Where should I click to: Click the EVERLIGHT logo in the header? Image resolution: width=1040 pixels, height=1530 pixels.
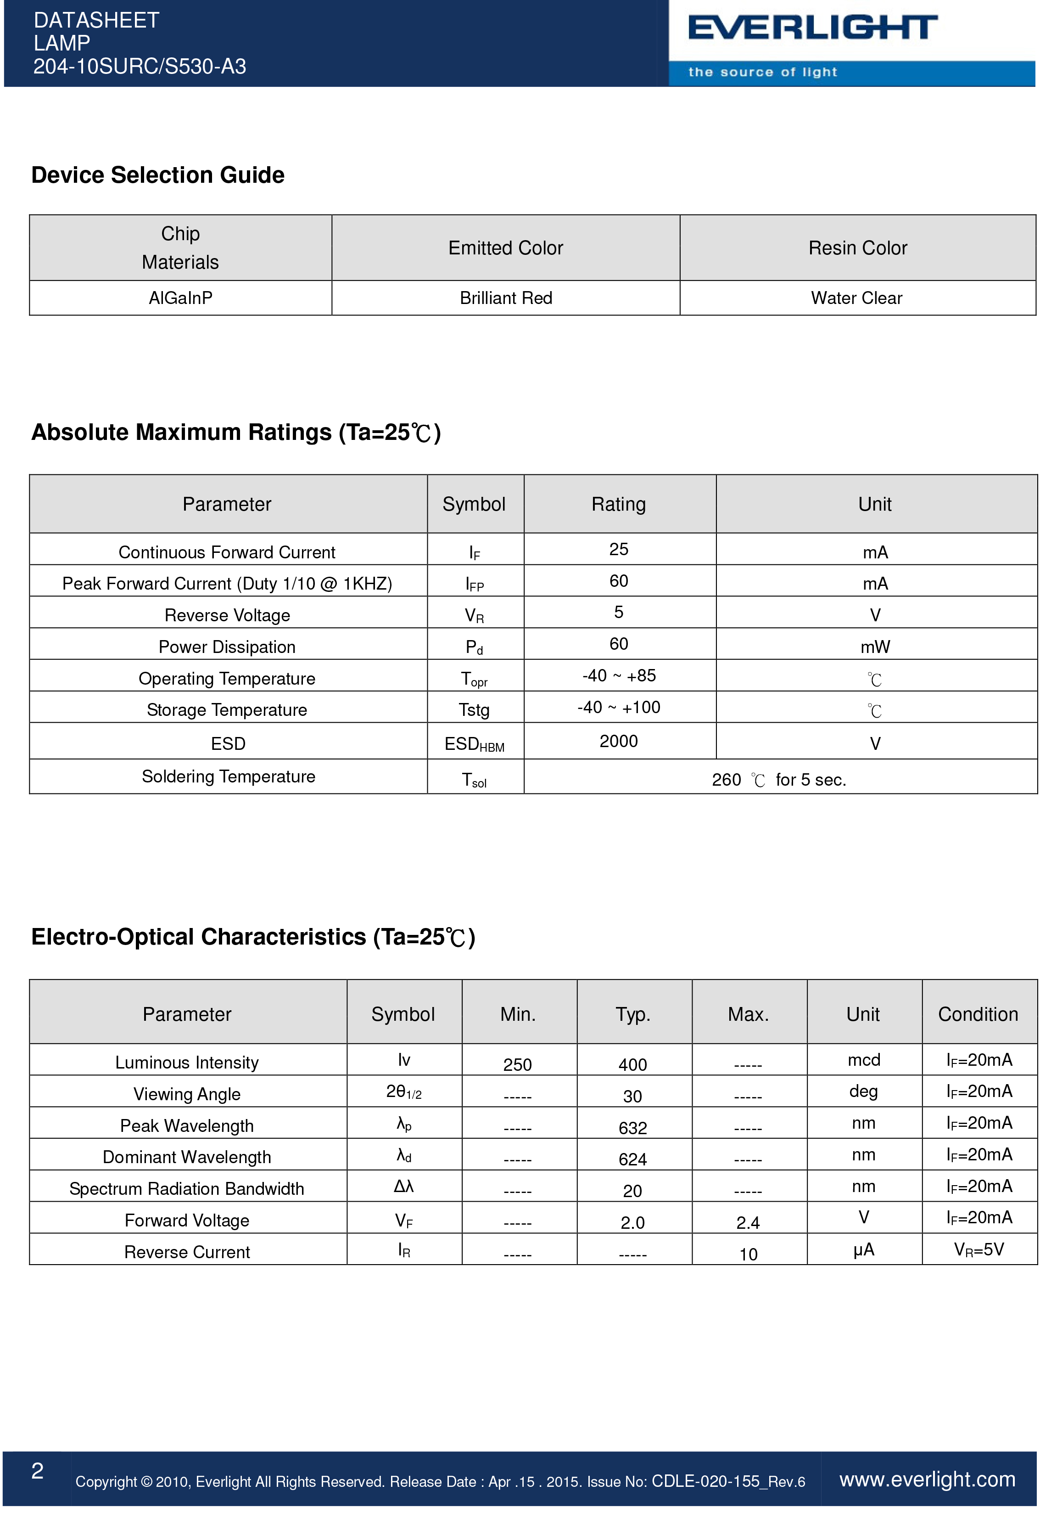pyautogui.click(x=812, y=28)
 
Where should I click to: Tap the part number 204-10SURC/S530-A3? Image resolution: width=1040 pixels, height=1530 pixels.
pyautogui.click(x=140, y=67)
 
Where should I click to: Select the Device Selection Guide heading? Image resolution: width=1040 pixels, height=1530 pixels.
pyautogui.click(x=158, y=175)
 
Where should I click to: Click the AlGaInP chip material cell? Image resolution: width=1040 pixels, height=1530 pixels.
pyautogui.click(x=180, y=298)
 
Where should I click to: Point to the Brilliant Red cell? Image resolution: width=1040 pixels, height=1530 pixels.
pyautogui.click(x=505, y=298)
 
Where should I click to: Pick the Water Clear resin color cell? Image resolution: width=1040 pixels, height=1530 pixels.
pyautogui.click(x=856, y=298)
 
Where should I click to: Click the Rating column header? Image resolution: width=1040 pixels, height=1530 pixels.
pyautogui.click(x=618, y=504)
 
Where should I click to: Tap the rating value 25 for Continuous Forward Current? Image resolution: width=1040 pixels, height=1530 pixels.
pyautogui.click(x=618, y=549)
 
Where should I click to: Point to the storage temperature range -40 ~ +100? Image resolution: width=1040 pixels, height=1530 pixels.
pyautogui.click(x=618, y=707)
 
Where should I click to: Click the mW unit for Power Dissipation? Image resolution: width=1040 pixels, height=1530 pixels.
pyautogui.click(x=875, y=647)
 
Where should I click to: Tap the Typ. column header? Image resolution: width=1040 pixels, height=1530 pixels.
pyautogui.click(x=632, y=1014)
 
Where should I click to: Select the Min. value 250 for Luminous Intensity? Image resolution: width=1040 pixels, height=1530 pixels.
pyautogui.click(x=517, y=1064)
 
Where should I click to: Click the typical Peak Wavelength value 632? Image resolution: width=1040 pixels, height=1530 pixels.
pyautogui.click(x=632, y=1128)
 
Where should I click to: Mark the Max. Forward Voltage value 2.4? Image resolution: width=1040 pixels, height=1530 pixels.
pyautogui.click(x=748, y=1222)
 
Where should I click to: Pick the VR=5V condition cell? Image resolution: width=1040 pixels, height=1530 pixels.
pyautogui.click(x=979, y=1249)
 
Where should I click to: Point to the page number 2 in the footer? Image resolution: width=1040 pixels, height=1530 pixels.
pyautogui.click(x=38, y=1471)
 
